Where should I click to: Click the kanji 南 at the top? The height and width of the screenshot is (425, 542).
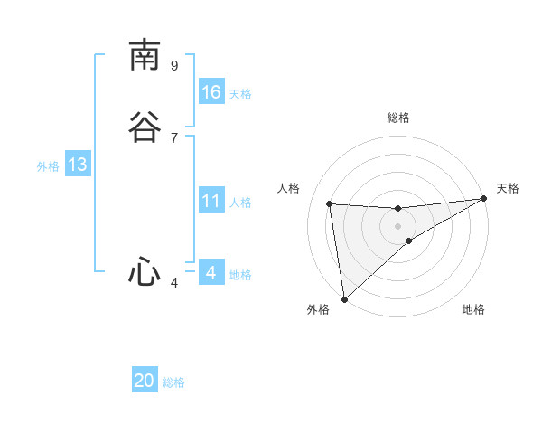145,56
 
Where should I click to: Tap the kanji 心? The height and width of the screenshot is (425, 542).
145,272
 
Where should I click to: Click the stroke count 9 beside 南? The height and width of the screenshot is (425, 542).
174,65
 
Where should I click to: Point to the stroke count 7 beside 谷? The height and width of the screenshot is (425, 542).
174,137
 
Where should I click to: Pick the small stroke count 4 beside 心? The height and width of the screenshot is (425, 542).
174,283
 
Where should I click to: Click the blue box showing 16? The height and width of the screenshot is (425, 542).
211,92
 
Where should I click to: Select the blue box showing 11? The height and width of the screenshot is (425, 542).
211,201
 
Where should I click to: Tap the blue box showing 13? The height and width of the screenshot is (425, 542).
78,165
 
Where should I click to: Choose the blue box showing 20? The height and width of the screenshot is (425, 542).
145,381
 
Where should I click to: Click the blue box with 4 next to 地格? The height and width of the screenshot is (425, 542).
211,272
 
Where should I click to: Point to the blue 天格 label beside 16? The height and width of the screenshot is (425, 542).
240,93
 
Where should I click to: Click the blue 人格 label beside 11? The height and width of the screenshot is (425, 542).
240,203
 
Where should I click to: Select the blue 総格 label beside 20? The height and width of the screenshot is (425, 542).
173,382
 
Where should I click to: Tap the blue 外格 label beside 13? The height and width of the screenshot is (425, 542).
48,166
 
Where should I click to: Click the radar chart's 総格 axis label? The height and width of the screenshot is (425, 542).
397,118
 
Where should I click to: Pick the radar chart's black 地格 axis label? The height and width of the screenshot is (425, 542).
473,309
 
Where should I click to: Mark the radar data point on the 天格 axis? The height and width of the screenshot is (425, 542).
483,199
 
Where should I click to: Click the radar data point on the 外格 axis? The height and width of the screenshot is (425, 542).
344,298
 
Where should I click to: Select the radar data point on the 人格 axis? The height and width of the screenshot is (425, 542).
330,203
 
